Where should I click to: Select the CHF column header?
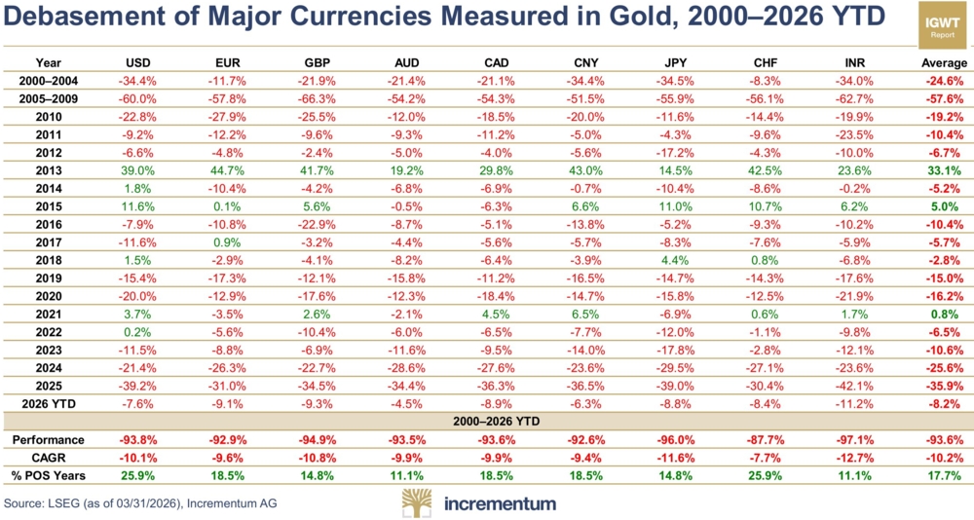pos(768,63)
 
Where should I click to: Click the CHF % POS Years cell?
pos(768,475)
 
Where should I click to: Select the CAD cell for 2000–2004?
pos(496,81)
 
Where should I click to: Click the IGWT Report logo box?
pos(942,26)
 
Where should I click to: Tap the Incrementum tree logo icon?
pos(419,503)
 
